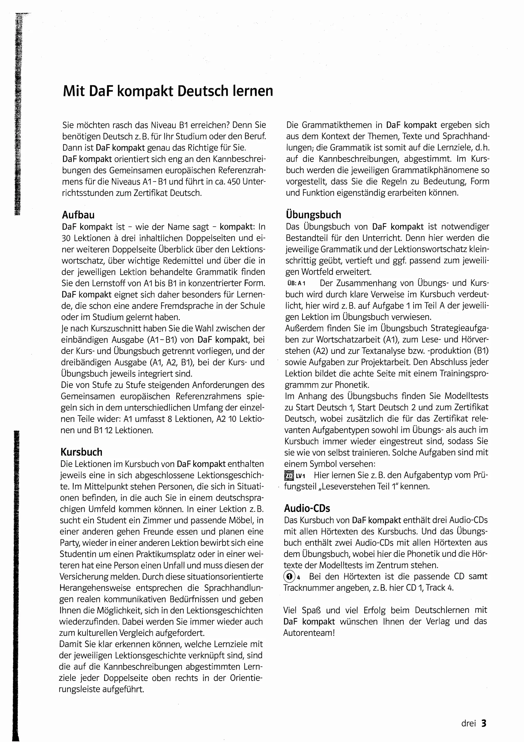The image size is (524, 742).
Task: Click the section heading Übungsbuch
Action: pos(313,215)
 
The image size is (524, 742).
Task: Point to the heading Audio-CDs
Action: pos(307,508)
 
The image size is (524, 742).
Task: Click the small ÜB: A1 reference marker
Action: pos(296,283)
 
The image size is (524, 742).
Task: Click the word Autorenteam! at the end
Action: pos(309,633)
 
